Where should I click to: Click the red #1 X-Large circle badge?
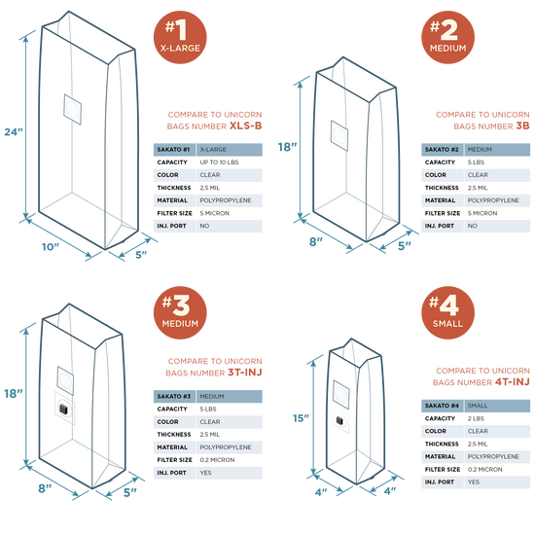coord(180,37)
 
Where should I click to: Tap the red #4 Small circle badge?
coord(447,312)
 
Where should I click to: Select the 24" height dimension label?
coord(14,131)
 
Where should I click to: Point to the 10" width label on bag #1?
coord(51,247)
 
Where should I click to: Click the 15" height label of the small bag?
coord(301,418)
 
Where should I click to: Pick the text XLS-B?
coord(246,125)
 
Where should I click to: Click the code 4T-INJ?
coord(512,382)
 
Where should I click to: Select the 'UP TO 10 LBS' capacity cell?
coord(219,162)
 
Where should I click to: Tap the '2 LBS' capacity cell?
coord(476,418)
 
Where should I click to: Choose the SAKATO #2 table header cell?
coord(443,150)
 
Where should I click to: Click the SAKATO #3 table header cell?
coord(174,397)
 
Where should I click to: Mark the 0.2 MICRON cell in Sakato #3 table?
coord(217,460)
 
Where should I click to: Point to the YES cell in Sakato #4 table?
coord(474,482)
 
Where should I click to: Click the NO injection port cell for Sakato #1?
coord(204,226)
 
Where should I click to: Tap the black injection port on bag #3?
coord(64,409)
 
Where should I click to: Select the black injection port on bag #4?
coord(339,420)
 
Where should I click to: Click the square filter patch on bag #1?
coord(72,110)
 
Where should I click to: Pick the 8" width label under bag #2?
coord(315,241)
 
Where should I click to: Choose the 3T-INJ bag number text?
coord(244,373)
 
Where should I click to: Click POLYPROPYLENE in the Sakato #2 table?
coord(493,200)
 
